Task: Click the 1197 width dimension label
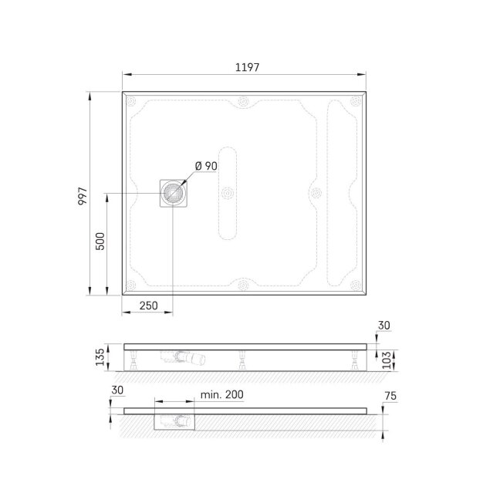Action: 247,67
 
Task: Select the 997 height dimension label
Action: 83,196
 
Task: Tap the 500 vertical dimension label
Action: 100,242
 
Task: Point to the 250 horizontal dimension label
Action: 149,306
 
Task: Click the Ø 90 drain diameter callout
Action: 206,166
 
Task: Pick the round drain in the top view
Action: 173,193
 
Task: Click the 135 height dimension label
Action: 100,356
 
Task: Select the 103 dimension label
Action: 387,360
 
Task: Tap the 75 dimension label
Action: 390,396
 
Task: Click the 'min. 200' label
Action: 222,395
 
